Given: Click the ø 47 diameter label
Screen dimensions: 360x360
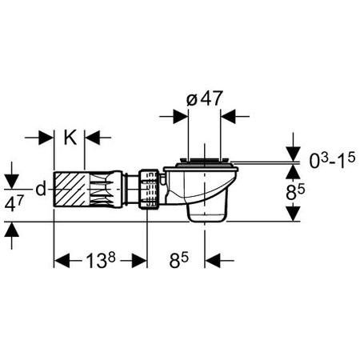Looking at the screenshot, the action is pyautogui.click(x=204, y=98).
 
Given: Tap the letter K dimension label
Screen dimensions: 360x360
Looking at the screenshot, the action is pyautogui.click(x=70, y=138).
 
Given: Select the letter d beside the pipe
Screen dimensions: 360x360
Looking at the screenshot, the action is pyautogui.click(x=41, y=189).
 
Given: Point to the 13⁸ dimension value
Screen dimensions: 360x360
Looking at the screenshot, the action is pyautogui.click(x=100, y=260).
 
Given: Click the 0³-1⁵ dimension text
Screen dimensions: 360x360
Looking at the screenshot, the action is pyautogui.click(x=332, y=160).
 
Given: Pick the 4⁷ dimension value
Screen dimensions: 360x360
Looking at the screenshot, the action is pyautogui.click(x=14, y=203).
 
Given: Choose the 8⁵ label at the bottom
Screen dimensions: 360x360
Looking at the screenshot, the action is pyautogui.click(x=178, y=260).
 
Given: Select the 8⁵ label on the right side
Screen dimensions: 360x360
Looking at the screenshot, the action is pyautogui.click(x=295, y=192).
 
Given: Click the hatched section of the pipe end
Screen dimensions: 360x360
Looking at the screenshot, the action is pyautogui.click(x=72, y=189).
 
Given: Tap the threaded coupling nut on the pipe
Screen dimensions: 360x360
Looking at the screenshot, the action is pyautogui.click(x=149, y=189).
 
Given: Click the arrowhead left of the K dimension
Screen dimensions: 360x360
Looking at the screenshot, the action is pyautogui.click(x=46, y=138).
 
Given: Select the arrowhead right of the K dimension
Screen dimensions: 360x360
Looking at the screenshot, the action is pyautogui.click(x=92, y=138).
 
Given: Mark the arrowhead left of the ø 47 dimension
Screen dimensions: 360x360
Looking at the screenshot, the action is pyautogui.click(x=180, y=116).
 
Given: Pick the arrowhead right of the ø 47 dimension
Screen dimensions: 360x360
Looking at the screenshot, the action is pyautogui.click(x=228, y=116).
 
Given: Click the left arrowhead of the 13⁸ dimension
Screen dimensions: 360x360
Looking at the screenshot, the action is pyautogui.click(x=62, y=261).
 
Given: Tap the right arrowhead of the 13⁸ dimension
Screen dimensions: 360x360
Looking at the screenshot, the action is pyautogui.click(x=139, y=261).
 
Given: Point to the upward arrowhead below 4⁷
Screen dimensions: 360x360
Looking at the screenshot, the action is pyautogui.click(x=12, y=230).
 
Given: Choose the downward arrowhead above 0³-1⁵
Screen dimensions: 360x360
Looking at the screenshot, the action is pyautogui.click(x=294, y=154).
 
